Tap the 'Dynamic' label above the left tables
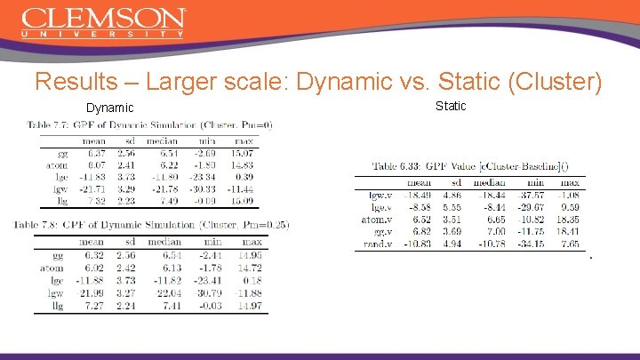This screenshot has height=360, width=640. [x=109, y=108]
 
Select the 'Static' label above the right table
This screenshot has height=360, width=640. [x=450, y=107]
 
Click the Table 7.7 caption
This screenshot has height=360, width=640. [x=148, y=124]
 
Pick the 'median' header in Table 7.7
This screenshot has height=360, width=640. [x=164, y=140]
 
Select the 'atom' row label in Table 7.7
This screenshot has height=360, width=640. [x=55, y=164]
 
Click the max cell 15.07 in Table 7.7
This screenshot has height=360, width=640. [x=241, y=153]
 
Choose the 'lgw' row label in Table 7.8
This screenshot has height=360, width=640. [x=56, y=292]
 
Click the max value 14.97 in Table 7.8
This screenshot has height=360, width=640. [x=251, y=306]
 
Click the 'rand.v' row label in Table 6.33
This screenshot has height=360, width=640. [x=376, y=243]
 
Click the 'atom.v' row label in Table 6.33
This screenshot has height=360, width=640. [x=376, y=219]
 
